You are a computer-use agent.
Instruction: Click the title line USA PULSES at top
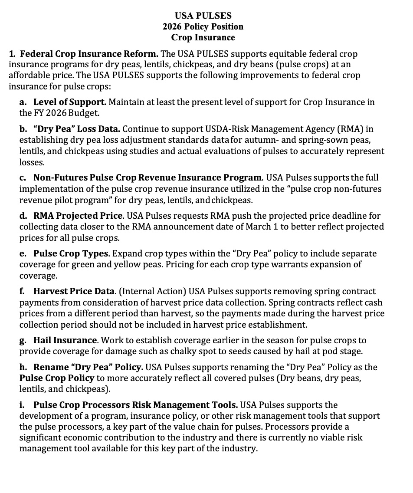(x=203, y=16)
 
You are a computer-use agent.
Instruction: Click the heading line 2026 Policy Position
(x=203, y=26)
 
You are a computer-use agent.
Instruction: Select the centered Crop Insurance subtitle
(x=203, y=37)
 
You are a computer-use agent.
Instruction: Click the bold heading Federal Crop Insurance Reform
(x=89, y=54)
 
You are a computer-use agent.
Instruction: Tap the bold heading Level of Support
(x=69, y=102)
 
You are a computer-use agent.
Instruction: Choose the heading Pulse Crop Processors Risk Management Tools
(x=135, y=405)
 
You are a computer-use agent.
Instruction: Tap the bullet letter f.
(x=22, y=291)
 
